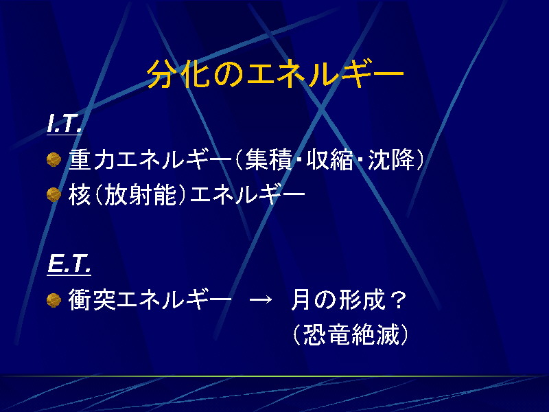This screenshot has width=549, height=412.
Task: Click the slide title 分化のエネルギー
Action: [x=275, y=74]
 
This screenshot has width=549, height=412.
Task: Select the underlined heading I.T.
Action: [x=65, y=124]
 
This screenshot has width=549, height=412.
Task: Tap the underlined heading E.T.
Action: [x=69, y=264]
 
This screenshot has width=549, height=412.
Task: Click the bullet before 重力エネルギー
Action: [x=54, y=160]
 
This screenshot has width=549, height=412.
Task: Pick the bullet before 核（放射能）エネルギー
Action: [x=54, y=194]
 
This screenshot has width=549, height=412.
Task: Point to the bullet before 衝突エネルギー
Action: [x=54, y=300]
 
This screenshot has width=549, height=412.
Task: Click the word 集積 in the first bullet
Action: [x=268, y=160]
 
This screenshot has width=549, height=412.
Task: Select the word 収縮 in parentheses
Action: [x=329, y=160]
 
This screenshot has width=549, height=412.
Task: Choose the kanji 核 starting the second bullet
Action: [x=80, y=194]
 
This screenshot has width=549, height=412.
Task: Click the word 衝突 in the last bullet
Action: [x=92, y=300]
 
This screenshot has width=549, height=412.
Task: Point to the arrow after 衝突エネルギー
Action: [x=261, y=300]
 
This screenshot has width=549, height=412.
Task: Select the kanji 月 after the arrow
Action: [x=301, y=300]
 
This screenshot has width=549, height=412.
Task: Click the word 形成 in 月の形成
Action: [x=362, y=300]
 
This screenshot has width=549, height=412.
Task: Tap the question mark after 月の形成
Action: [x=398, y=300]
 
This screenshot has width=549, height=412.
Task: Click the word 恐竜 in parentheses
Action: [x=327, y=334]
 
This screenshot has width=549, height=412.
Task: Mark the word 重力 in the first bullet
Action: [x=92, y=160]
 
